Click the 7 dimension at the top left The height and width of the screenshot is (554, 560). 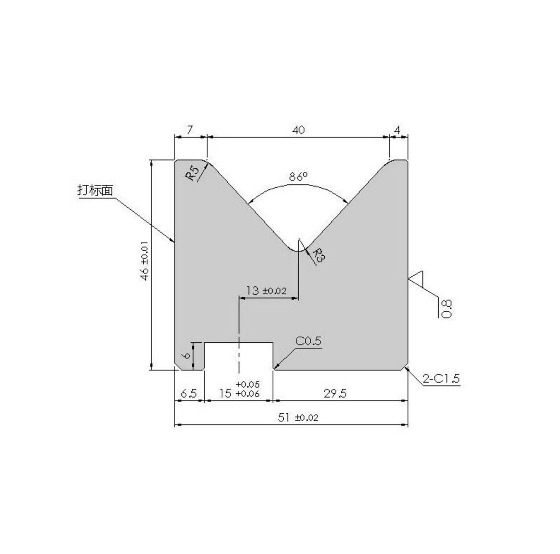(189, 130)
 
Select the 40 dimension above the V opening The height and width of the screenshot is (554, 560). (298, 130)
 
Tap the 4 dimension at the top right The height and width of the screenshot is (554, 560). (397, 130)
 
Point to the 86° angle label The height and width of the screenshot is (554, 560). (298, 177)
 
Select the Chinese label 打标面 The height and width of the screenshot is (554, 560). (95, 190)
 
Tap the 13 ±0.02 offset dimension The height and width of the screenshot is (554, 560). (266, 291)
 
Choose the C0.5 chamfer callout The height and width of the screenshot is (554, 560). (308, 341)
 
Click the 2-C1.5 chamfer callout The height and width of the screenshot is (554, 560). (441, 378)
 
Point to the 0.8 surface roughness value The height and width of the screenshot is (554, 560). (447, 309)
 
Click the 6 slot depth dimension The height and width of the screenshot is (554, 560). (186, 355)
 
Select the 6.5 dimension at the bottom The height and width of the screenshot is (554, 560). (189, 393)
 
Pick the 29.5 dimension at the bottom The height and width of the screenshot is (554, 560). (335, 393)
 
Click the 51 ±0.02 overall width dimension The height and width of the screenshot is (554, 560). (298, 417)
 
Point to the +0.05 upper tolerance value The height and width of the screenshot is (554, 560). (247, 384)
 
